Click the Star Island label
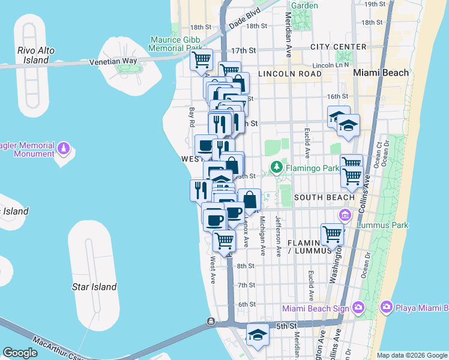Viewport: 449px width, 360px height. [x=94, y=287]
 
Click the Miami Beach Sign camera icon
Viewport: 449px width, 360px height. [x=358, y=308]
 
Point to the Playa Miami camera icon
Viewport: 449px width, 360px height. [x=387, y=308]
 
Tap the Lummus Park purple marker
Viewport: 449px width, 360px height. [x=345, y=215]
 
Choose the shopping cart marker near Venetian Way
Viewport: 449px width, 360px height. [x=202, y=60]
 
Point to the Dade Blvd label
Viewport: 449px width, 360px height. [x=244, y=21]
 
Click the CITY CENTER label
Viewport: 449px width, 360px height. [x=339, y=47]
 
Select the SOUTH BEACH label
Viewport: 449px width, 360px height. [x=325, y=197]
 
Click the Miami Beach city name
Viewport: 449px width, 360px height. [x=381, y=73]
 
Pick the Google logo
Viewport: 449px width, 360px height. [x=20, y=353]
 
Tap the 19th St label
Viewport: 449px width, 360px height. [x=375, y=4]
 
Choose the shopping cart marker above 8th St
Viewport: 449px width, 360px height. [x=224, y=241]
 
